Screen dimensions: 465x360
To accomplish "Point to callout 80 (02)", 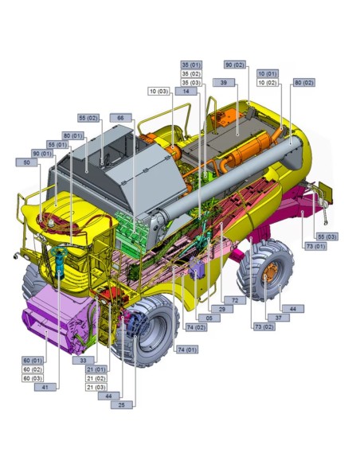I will pos(303,82).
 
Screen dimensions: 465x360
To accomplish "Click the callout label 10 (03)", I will pos(159,92).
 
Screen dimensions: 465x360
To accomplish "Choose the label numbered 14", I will pos(186,92).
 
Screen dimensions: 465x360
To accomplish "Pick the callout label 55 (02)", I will pos(88,118).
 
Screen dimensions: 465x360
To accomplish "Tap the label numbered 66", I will pos(120,118).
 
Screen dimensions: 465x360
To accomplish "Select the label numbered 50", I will pos(27,162).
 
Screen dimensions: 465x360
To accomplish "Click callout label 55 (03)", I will pos(327,236).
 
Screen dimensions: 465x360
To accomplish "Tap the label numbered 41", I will pos(46,387).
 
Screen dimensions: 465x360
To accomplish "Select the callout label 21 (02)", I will pos(96,378).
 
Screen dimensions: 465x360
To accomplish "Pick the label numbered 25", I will pos(122,405).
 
